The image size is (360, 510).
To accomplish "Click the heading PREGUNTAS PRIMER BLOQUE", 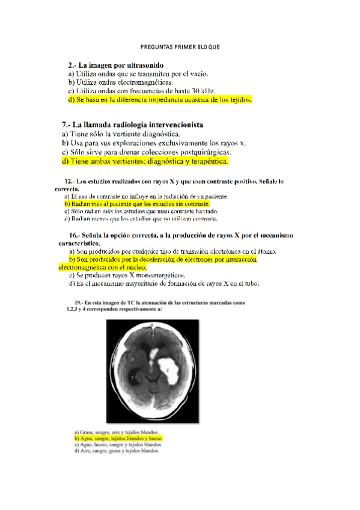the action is coord(180,46).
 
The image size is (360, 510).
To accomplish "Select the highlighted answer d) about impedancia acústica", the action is coord(160,99).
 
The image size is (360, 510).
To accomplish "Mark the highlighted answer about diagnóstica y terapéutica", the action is coord(145,161).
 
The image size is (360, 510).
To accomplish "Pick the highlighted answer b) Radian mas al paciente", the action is coord(137,204).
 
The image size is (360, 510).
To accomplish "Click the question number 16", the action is coord(74,235).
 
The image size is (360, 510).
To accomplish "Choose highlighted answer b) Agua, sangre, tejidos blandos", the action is coord(118,439).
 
